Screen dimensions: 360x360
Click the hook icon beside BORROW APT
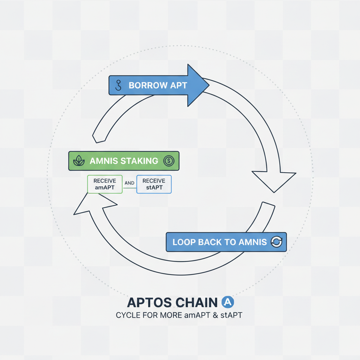(118, 85)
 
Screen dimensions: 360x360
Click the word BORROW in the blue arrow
(143, 85)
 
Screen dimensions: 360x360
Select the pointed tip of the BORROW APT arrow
(208, 85)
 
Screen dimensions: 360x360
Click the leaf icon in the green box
(81, 161)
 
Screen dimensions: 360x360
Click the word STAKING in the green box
(139, 161)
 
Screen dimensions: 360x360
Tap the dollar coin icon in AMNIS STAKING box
(169, 161)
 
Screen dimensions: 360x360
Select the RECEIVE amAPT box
(104, 184)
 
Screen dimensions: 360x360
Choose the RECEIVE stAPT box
(154, 184)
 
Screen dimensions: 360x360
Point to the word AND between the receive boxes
(129, 183)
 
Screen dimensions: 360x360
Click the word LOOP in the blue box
(184, 242)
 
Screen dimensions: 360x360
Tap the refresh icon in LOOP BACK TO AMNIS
(276, 242)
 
